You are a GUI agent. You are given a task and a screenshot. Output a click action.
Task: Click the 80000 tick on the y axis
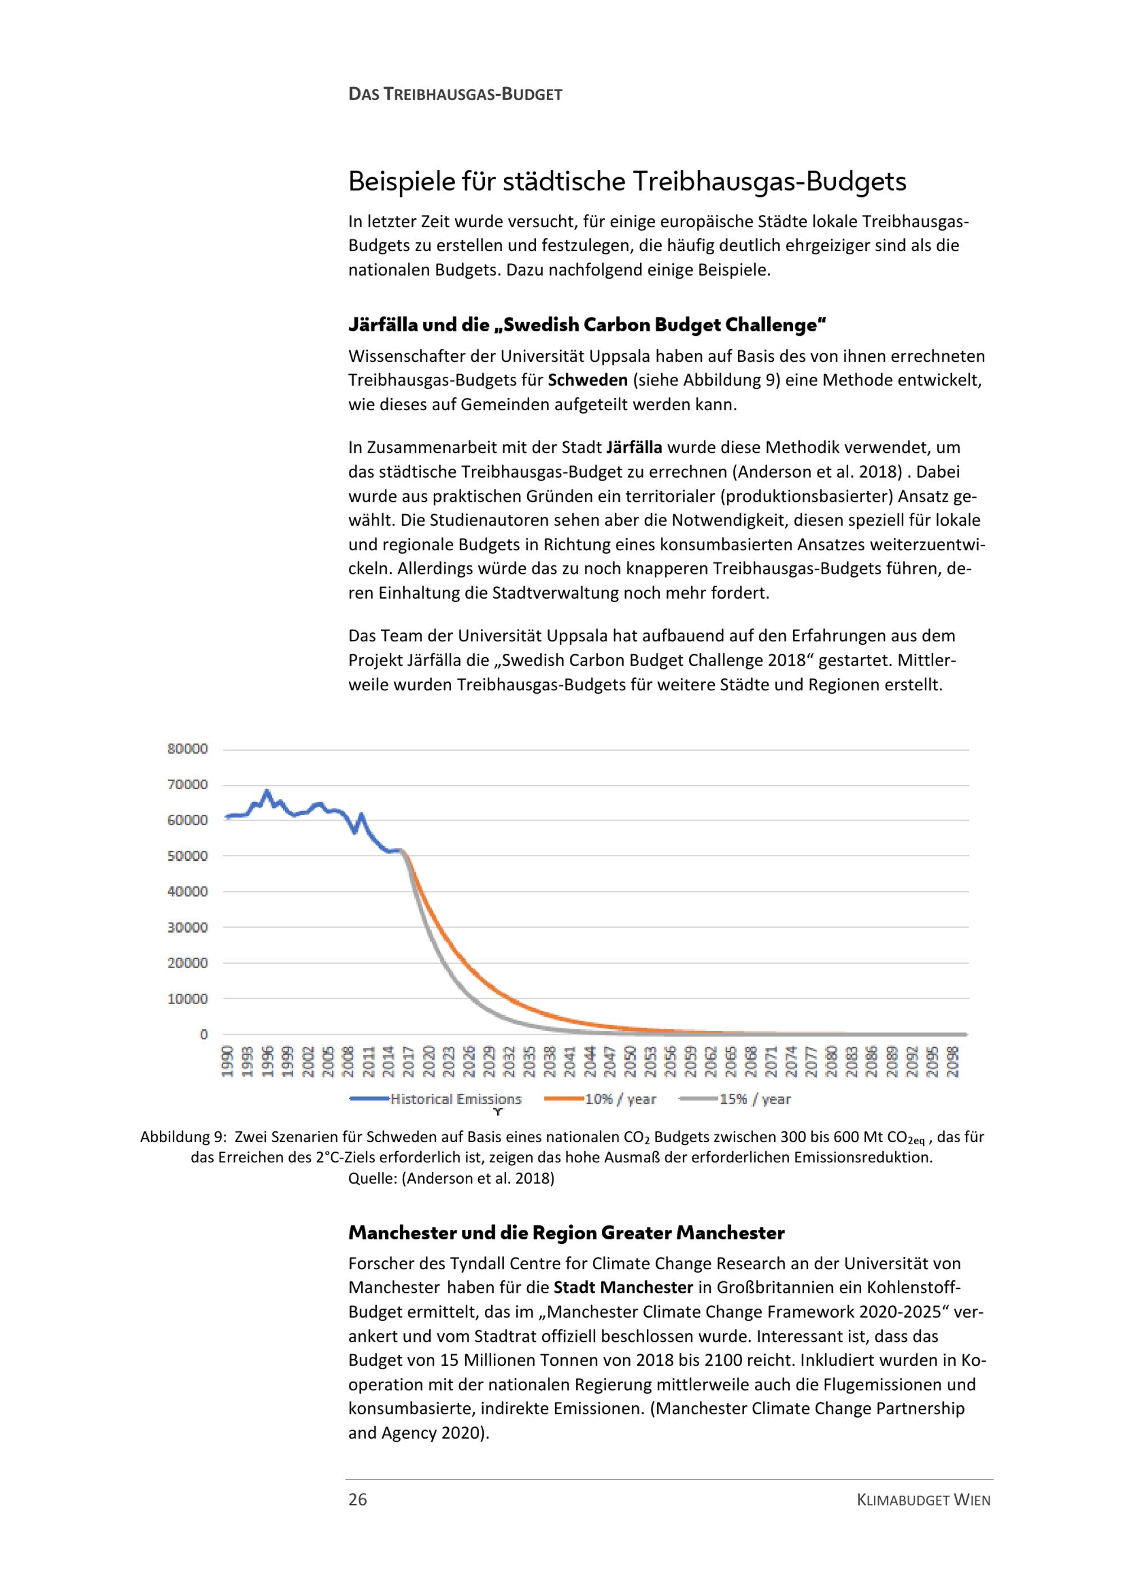pyautogui.click(x=187, y=749)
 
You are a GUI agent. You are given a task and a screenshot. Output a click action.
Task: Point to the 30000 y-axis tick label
pyautogui.click(x=187, y=927)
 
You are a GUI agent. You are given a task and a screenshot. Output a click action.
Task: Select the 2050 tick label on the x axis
pyautogui.click(x=629, y=1061)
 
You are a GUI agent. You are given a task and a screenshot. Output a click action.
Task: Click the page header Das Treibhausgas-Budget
pyautogui.click(x=454, y=95)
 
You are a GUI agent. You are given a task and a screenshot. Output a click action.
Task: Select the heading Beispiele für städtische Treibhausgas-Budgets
pyautogui.click(x=627, y=182)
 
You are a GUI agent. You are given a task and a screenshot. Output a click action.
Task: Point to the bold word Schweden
pyautogui.click(x=587, y=380)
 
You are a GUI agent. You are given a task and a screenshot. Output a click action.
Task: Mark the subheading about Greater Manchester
pyautogui.click(x=566, y=1233)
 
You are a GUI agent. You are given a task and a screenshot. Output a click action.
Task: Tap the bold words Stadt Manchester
pyautogui.click(x=623, y=1288)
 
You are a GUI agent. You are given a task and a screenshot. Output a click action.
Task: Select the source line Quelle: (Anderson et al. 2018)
pyautogui.click(x=451, y=1178)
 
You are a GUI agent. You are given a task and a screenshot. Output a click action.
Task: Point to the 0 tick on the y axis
pyautogui.click(x=203, y=1035)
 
